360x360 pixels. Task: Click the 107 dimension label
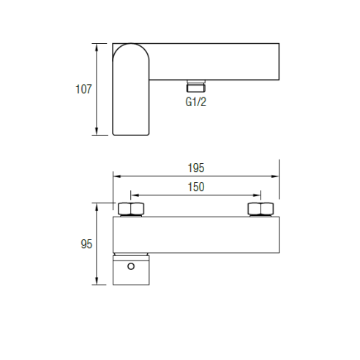[83, 89]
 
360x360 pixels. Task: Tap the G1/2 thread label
[196, 102]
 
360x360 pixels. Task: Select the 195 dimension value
[196, 168]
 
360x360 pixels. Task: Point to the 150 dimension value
[196, 187]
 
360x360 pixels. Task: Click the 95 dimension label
[86, 244]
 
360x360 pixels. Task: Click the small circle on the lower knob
[131, 266]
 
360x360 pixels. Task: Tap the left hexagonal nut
[131, 209]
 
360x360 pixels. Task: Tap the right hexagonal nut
[260, 209]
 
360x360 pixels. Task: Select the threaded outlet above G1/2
[196, 86]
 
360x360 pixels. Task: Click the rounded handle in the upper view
[131, 89]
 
